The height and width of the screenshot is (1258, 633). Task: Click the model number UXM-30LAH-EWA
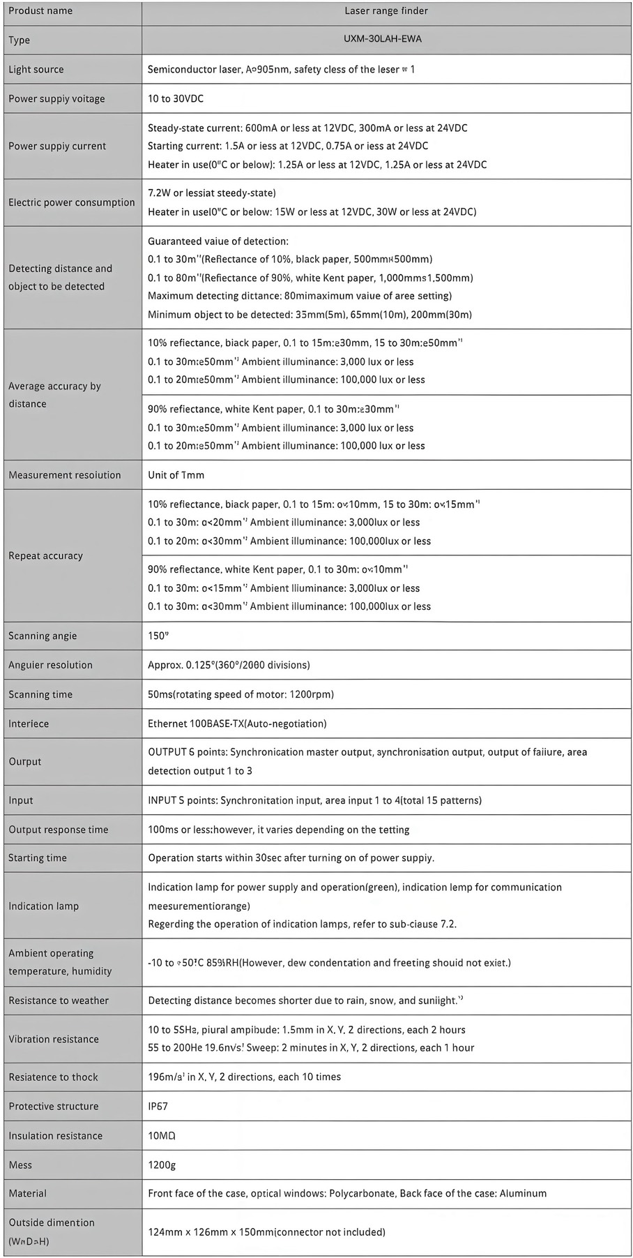(382, 39)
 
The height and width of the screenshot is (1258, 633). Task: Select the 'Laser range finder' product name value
(386, 10)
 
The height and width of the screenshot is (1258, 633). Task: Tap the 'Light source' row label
(36, 69)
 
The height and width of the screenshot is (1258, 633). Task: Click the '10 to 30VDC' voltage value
(176, 98)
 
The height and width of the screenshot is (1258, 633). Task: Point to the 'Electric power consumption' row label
(72, 202)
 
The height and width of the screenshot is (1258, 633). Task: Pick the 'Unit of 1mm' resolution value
(176, 474)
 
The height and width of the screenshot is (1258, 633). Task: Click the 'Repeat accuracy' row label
(45, 555)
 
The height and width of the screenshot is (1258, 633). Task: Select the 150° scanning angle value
(158, 636)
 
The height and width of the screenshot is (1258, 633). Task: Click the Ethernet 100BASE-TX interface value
(237, 724)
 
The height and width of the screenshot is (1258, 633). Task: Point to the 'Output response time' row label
(59, 830)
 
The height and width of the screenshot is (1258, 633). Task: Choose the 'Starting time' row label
(38, 858)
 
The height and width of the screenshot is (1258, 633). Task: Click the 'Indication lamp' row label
(43, 906)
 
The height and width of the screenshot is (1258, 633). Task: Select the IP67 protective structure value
(158, 1106)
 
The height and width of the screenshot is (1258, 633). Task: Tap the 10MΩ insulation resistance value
(162, 1135)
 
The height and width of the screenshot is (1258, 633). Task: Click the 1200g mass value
(160, 1165)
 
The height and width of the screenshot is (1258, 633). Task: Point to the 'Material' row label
(29, 1193)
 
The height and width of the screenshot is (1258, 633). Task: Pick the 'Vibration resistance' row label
(54, 1039)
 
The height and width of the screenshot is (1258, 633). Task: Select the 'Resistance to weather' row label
(59, 1001)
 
